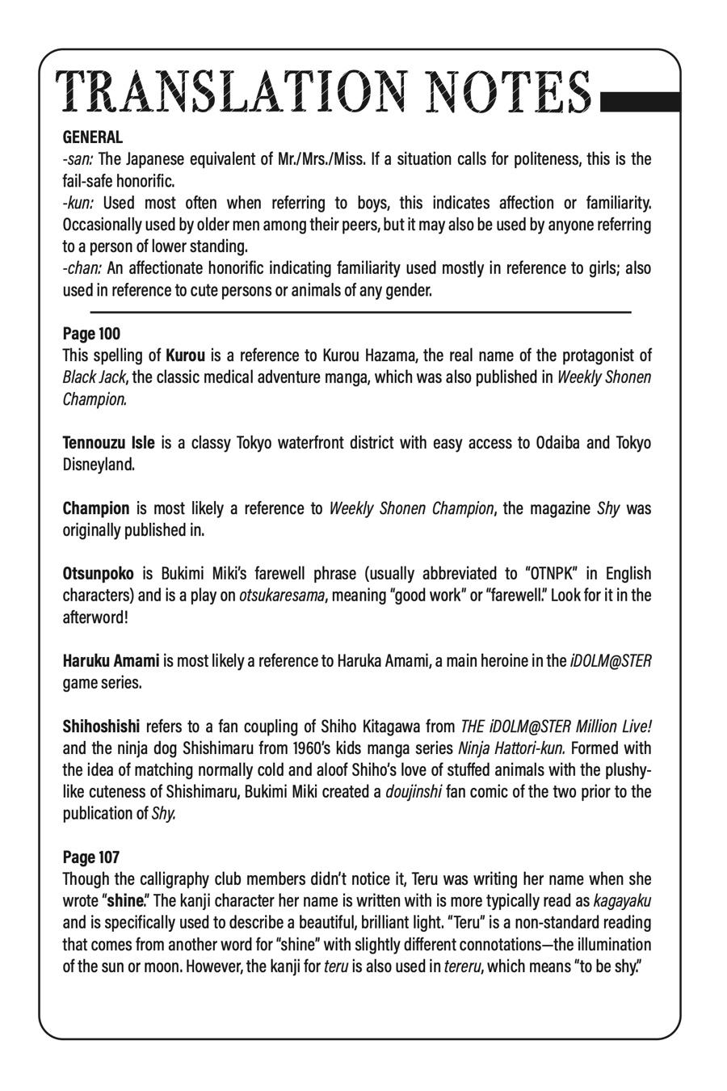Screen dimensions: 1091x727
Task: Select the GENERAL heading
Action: pos(93,137)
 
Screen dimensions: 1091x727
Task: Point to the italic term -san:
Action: pos(78,159)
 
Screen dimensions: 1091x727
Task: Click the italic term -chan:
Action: pos(82,268)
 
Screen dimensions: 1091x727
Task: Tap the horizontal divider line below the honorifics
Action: pos(360,311)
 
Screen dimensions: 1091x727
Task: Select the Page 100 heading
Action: pos(91,334)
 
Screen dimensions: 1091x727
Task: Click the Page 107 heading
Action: pos(91,857)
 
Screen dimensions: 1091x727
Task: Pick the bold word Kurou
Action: pos(185,356)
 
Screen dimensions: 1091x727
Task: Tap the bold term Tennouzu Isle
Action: pos(108,443)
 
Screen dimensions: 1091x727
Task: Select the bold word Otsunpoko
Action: pos(99,574)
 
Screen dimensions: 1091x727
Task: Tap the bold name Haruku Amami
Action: pos(111,661)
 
